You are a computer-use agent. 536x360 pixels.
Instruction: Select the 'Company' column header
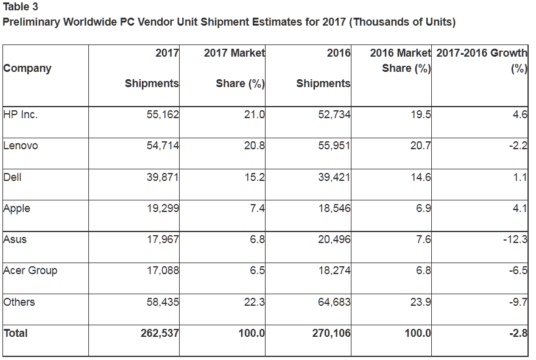click(x=27, y=68)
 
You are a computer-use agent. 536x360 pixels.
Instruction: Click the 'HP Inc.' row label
click(x=20, y=114)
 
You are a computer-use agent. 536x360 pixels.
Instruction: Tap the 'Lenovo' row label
click(x=20, y=146)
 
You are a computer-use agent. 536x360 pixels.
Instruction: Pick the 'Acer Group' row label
click(x=30, y=270)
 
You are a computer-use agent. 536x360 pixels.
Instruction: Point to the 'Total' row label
click(x=16, y=333)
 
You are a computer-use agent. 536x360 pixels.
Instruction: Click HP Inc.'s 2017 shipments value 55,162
click(x=163, y=114)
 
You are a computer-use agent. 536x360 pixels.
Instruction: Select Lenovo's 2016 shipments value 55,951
click(x=334, y=146)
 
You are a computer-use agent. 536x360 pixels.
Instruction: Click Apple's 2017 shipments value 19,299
click(x=163, y=208)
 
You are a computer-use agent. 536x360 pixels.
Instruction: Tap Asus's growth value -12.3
click(x=515, y=239)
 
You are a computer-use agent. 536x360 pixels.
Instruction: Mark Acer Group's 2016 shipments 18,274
click(x=334, y=270)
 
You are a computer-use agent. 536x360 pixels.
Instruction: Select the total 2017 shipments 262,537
click(x=160, y=333)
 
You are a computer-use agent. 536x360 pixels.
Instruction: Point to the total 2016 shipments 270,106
click(x=331, y=333)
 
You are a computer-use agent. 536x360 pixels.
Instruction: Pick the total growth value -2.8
click(x=518, y=333)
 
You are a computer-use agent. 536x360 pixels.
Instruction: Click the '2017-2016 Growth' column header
click(x=482, y=53)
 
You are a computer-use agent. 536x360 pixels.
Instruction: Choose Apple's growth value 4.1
click(x=520, y=208)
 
